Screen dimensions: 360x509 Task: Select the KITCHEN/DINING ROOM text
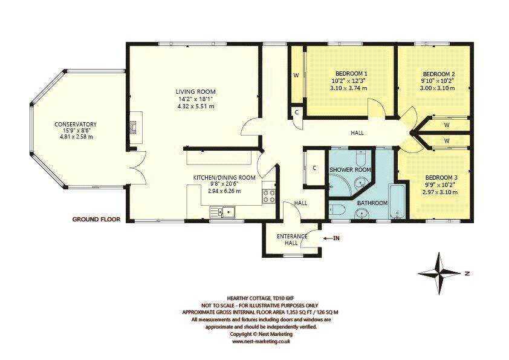point(224,177)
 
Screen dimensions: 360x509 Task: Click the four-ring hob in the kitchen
point(268,195)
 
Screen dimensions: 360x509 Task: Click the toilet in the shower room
point(361,159)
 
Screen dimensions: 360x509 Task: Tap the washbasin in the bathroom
point(361,213)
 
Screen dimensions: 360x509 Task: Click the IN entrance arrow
point(332,238)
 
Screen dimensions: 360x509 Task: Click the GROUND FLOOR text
point(97,218)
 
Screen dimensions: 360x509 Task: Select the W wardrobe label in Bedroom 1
point(296,76)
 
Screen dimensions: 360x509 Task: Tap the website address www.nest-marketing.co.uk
point(261,341)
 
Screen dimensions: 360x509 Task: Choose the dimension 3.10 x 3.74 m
point(349,88)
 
